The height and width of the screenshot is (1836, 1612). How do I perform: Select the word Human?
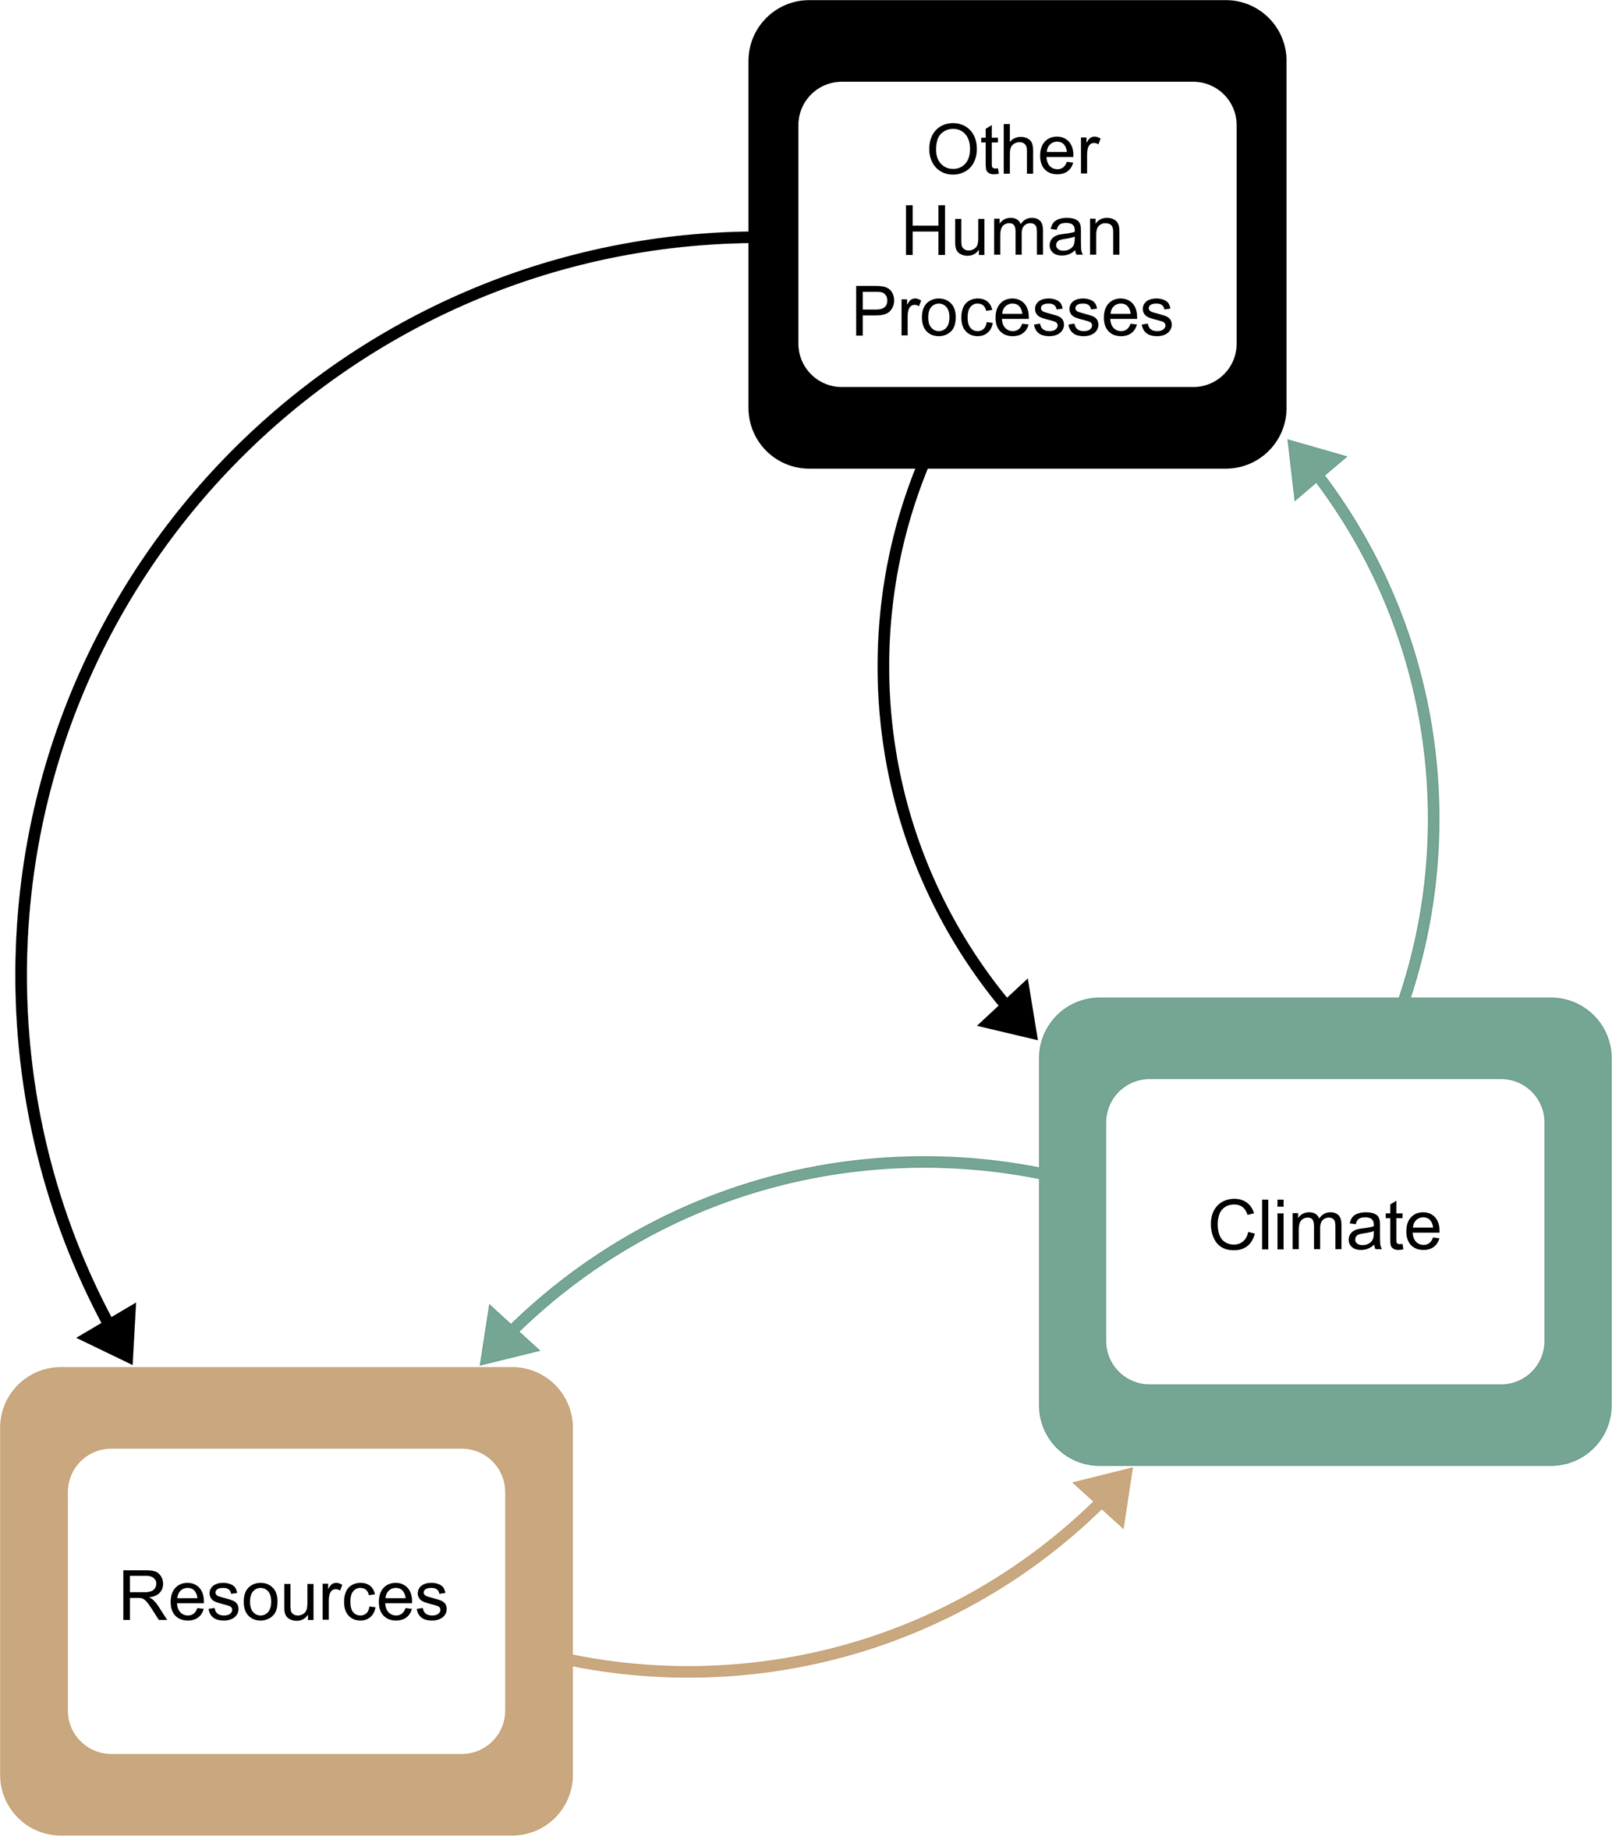(1011, 231)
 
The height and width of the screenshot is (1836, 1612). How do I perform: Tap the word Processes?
(1011, 313)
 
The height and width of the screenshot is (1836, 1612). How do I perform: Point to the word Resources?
(284, 1596)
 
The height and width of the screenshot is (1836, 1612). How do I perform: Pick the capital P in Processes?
(870, 313)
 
